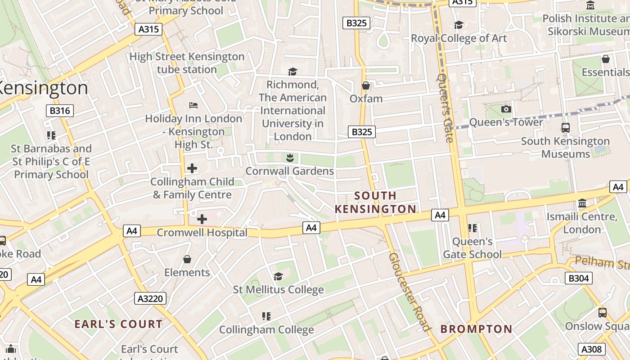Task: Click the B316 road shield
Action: (x=59, y=111)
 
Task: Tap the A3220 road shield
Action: (x=150, y=298)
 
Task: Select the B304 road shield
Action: (x=578, y=279)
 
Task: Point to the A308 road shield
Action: (x=592, y=349)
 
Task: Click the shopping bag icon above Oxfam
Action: (x=366, y=85)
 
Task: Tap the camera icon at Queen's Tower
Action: (x=506, y=109)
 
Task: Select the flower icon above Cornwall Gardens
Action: (x=290, y=158)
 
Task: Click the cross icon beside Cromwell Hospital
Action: (x=202, y=219)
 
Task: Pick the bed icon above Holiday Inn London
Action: (x=193, y=105)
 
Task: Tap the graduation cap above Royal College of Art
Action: (x=459, y=25)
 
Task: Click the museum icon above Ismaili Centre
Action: (x=582, y=203)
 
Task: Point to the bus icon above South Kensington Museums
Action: (x=565, y=128)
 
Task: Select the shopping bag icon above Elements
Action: (x=187, y=260)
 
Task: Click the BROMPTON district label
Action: (x=476, y=329)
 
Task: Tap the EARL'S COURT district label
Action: (x=119, y=324)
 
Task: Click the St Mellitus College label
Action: (x=278, y=289)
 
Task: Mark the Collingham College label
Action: (x=266, y=329)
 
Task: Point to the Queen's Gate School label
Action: (x=472, y=248)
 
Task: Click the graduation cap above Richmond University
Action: (x=292, y=72)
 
